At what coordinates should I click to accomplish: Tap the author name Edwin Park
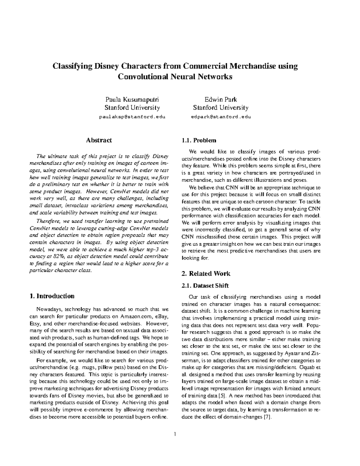(220, 100)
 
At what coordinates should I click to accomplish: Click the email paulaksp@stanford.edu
(132, 117)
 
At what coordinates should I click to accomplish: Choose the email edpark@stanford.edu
(221, 117)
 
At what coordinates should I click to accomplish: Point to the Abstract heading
(99, 140)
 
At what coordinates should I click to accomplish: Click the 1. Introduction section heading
(52, 296)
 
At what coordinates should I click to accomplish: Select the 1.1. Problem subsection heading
(199, 140)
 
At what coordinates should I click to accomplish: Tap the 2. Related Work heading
(206, 273)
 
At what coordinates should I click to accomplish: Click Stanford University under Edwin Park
(220, 108)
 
